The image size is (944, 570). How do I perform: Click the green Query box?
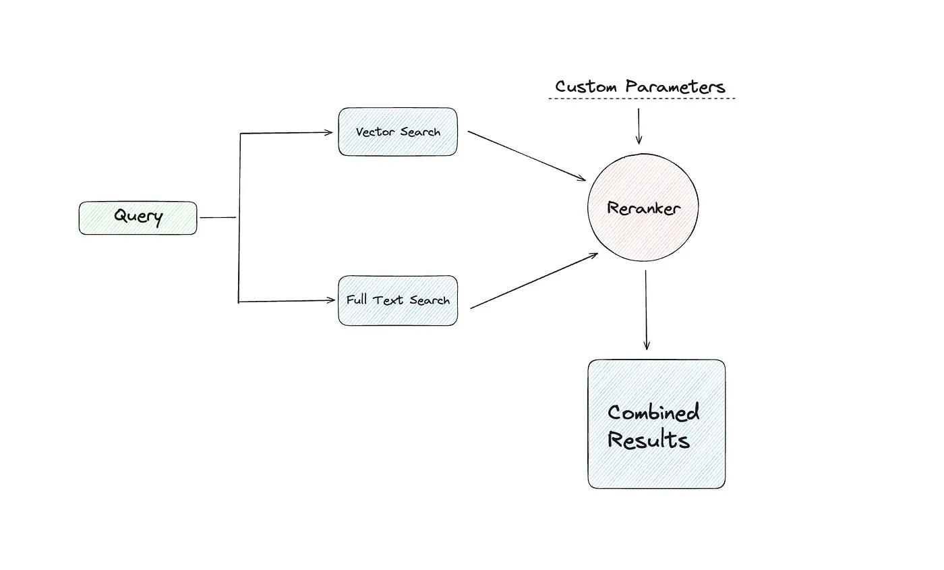point(138,218)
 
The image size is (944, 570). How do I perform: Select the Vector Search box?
point(397,132)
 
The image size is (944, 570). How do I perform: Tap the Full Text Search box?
point(397,301)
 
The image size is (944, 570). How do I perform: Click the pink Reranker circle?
point(643,208)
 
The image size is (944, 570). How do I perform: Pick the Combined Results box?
point(656,424)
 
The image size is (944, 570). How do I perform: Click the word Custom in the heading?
point(585,87)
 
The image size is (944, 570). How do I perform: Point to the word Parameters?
point(675,87)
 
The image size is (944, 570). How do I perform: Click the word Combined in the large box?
point(653,412)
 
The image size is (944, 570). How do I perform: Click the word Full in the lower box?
point(356,300)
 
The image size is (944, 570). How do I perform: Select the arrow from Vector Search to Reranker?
point(527,156)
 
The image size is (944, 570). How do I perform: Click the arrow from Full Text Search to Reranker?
point(533,281)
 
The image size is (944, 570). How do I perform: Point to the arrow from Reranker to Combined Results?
point(646,310)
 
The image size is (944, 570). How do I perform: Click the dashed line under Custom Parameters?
point(641,99)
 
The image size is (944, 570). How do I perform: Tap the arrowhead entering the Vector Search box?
point(329,133)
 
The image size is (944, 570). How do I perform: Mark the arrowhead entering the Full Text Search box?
point(330,301)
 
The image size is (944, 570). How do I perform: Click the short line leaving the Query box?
point(218,218)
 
